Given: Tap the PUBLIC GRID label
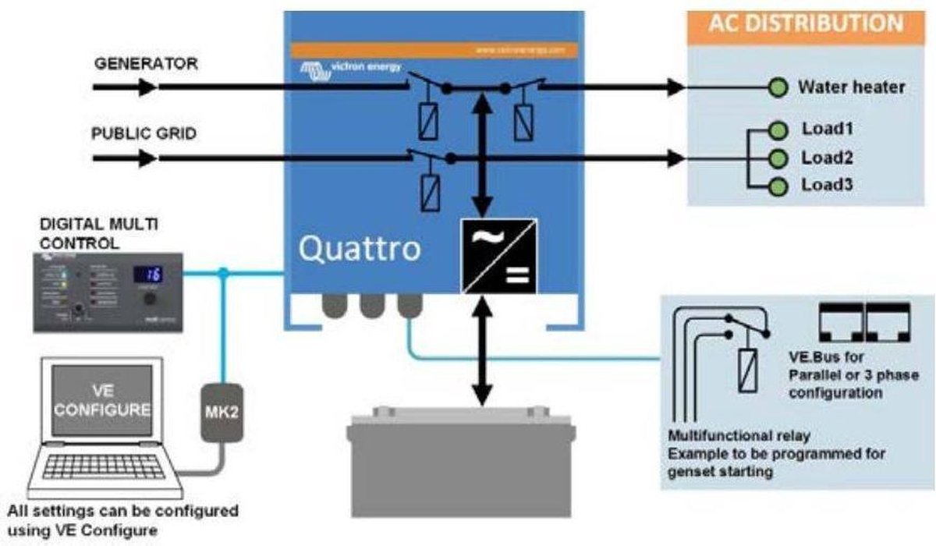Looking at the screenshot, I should (144, 133).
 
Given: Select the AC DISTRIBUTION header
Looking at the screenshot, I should (806, 23).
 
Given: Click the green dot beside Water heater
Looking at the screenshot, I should (777, 87).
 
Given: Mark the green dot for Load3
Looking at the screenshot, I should (777, 186).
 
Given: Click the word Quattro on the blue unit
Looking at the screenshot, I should (360, 249).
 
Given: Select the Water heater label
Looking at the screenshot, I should (851, 87).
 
